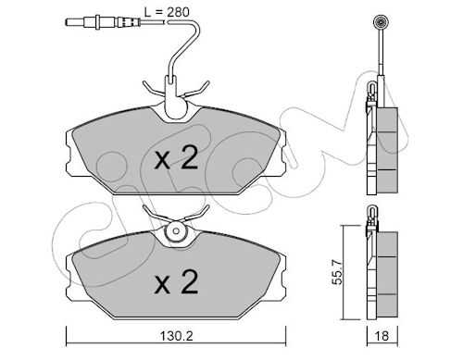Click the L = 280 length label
pyautogui.click(x=167, y=12)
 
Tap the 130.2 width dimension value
pyautogui.click(x=176, y=336)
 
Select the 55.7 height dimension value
pyautogui.click(x=338, y=272)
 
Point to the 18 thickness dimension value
pyautogui.click(x=382, y=336)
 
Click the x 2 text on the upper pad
pyautogui.click(x=176, y=157)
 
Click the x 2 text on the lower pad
pyautogui.click(x=176, y=281)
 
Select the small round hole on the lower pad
pyautogui.click(x=176, y=231)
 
